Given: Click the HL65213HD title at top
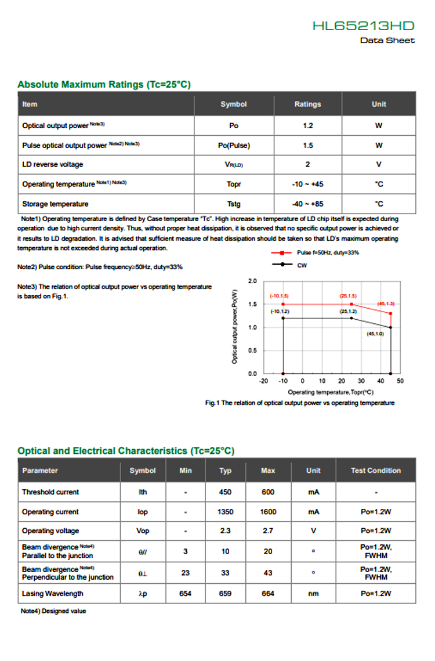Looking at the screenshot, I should tap(364, 26).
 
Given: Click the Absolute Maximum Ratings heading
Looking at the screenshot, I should tap(104, 85).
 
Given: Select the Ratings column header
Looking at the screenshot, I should tap(307, 104).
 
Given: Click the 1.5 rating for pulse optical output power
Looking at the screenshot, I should tap(307, 145).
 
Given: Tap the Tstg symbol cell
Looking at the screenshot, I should tap(234, 204).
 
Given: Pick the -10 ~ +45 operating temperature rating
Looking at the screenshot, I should tap(307, 185).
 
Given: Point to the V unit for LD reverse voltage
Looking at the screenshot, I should tap(379, 165).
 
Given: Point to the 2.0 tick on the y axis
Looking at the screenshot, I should tap(252, 281).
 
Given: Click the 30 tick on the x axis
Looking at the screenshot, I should tap(361, 381).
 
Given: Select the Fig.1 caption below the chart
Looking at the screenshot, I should tap(300, 403).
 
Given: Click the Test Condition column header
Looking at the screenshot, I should tap(375, 471).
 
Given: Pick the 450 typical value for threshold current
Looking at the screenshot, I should tap(225, 492).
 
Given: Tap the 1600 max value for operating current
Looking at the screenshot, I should tap(268, 512).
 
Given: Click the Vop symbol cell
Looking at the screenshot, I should tap(143, 531).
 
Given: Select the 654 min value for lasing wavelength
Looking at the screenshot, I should tap(186, 594).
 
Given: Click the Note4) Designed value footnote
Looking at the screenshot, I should tap(53, 611).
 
